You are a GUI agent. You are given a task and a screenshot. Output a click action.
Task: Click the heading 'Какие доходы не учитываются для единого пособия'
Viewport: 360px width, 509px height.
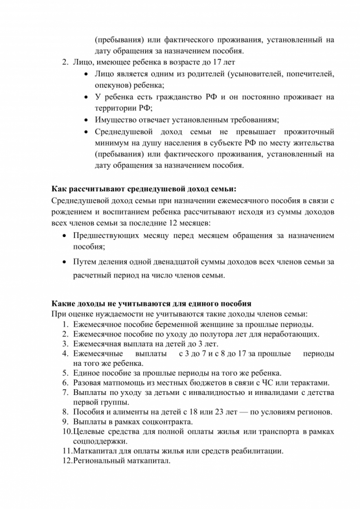(x=151, y=304)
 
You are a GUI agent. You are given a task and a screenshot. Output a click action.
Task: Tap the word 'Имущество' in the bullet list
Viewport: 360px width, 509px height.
(x=113, y=120)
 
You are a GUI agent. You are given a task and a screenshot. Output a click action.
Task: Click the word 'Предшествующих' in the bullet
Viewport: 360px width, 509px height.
(x=106, y=236)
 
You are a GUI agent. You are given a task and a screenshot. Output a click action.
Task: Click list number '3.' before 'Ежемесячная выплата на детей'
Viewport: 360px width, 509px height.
(x=65, y=344)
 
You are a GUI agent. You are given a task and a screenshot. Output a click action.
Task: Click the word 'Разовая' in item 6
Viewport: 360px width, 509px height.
(x=87, y=383)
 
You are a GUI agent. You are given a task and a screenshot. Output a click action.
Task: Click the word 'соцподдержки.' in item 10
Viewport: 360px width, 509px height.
(x=100, y=441)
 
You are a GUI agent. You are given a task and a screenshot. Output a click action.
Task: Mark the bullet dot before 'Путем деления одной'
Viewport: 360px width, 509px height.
(x=65, y=262)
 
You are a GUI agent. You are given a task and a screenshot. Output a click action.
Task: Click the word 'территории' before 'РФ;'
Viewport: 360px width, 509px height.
(x=115, y=108)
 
